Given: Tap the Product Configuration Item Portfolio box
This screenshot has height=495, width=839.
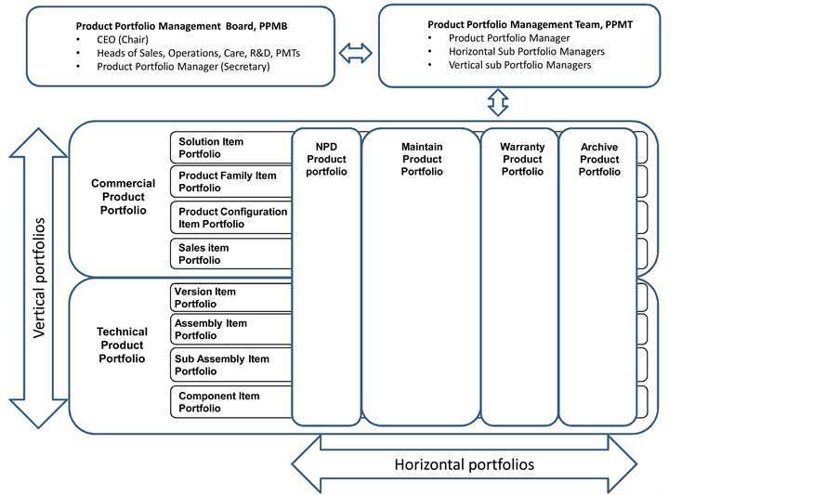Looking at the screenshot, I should coord(230,217).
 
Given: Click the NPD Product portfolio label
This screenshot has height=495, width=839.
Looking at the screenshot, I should coord(326,159).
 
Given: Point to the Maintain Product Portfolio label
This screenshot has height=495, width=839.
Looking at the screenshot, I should coord(422,159).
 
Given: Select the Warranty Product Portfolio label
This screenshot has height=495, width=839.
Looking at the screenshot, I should coord(522,159).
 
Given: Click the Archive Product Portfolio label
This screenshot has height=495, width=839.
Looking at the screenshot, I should coord(599,159).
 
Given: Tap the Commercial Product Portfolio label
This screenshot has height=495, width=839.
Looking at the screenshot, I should coord(123,197).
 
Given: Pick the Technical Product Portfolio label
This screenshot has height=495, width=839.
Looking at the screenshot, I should coord(122,345).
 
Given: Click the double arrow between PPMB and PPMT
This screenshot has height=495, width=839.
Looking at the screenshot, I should coord(356,55).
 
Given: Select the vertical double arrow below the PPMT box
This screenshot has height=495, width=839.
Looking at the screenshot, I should coord(499,101).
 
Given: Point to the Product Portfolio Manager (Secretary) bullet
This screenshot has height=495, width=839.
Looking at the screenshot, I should coord(182,67).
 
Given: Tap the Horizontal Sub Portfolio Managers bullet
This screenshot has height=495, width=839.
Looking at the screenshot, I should coord(526,52).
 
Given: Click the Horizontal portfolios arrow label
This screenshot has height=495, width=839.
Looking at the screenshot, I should coord(465,464).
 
